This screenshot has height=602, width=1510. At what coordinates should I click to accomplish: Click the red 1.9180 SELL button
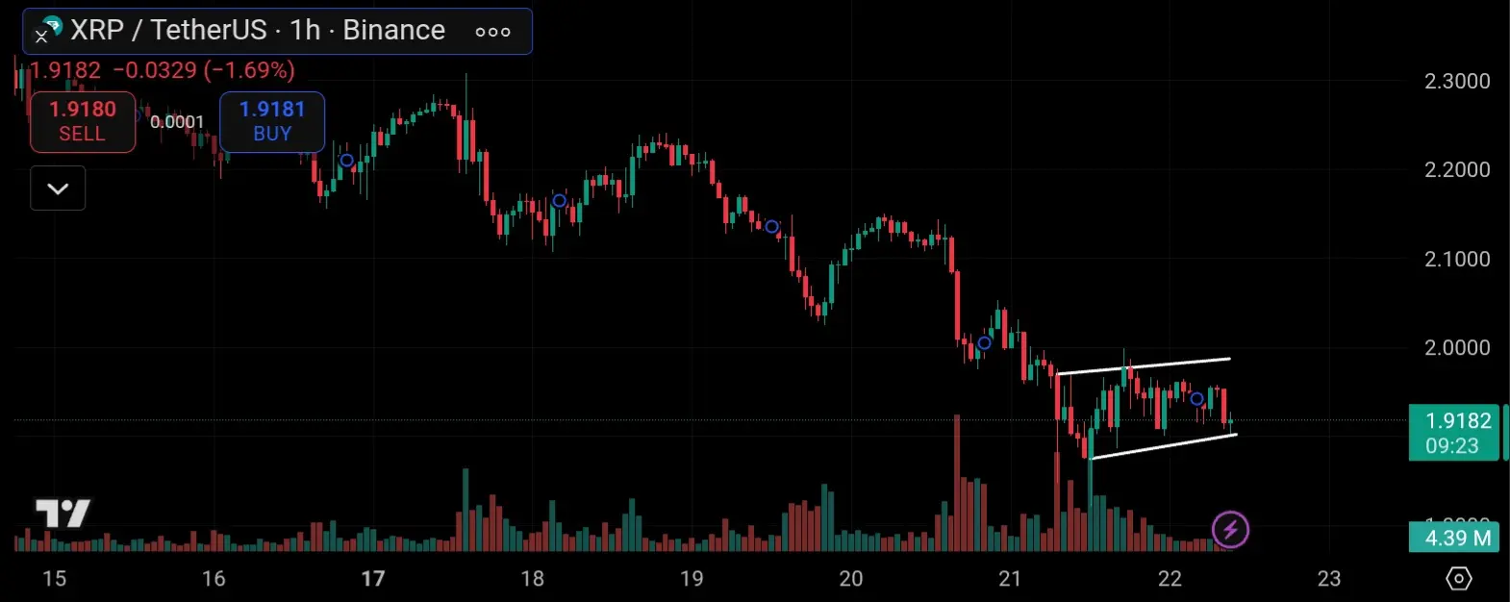[x=83, y=121]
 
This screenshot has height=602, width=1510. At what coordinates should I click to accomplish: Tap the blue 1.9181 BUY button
[x=272, y=121]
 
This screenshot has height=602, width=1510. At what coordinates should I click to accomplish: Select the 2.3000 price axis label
[x=1457, y=81]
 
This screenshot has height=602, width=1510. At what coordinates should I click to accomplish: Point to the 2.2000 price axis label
[x=1457, y=169]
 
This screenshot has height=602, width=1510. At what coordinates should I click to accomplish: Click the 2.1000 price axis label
[x=1457, y=259]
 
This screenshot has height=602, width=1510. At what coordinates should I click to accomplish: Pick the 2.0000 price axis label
[x=1457, y=347]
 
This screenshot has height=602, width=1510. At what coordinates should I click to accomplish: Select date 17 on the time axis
[x=372, y=578]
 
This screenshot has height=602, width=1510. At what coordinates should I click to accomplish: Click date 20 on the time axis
[x=850, y=578]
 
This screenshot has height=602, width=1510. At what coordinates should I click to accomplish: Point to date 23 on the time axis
[x=1328, y=578]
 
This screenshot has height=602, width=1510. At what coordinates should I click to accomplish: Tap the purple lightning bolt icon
[x=1230, y=529]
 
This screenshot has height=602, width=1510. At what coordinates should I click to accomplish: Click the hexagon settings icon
[x=1459, y=578]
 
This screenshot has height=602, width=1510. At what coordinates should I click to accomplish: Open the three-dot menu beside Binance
[x=492, y=32]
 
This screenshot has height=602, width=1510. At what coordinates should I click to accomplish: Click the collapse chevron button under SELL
[x=58, y=188]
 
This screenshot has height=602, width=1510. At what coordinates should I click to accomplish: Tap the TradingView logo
[x=63, y=514]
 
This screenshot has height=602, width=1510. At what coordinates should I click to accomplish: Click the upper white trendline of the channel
[x=1145, y=365]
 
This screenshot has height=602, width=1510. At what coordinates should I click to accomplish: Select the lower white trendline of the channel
[x=1164, y=446]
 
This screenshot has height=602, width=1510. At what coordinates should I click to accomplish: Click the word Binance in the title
[x=393, y=30]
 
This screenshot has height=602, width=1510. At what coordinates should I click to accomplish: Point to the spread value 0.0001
[x=177, y=121]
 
